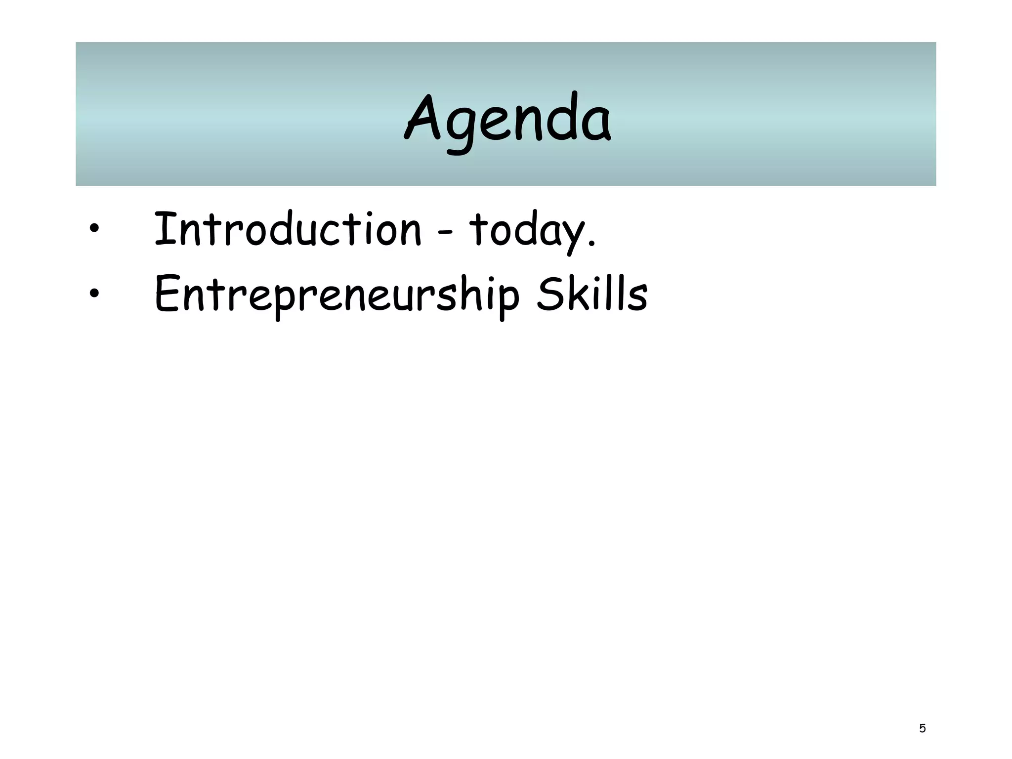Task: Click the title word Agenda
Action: (x=507, y=119)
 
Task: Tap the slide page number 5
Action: (x=922, y=728)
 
